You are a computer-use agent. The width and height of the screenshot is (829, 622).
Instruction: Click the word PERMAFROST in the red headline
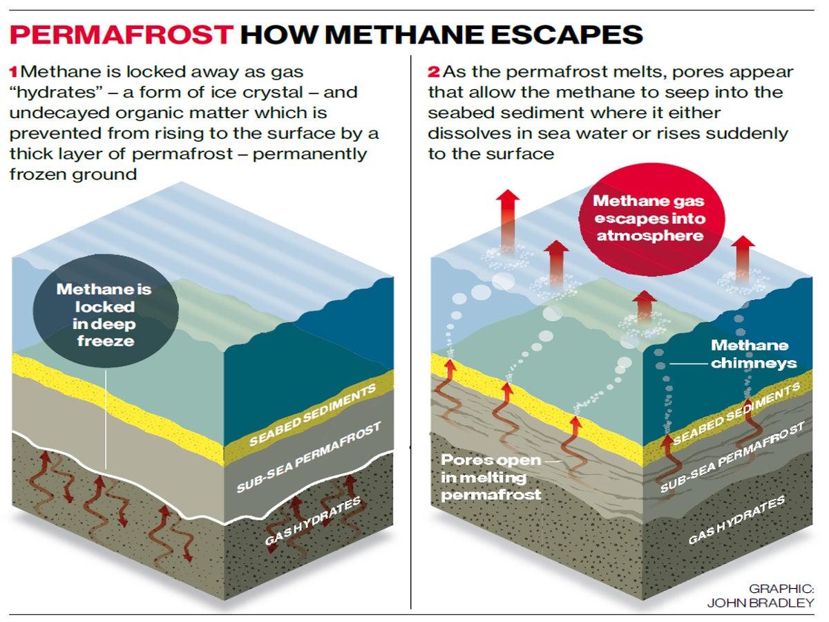click(x=122, y=35)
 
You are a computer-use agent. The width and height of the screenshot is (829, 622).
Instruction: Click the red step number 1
click(x=13, y=71)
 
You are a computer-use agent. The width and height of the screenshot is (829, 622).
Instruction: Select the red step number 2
click(x=433, y=71)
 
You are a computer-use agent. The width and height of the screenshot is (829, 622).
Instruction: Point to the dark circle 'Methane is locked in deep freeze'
click(x=105, y=314)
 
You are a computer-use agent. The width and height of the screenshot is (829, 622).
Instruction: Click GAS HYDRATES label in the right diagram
click(x=736, y=520)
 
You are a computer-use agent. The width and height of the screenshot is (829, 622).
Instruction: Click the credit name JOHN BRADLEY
click(x=760, y=603)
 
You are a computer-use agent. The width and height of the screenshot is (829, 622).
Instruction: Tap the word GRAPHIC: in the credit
click(x=781, y=588)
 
